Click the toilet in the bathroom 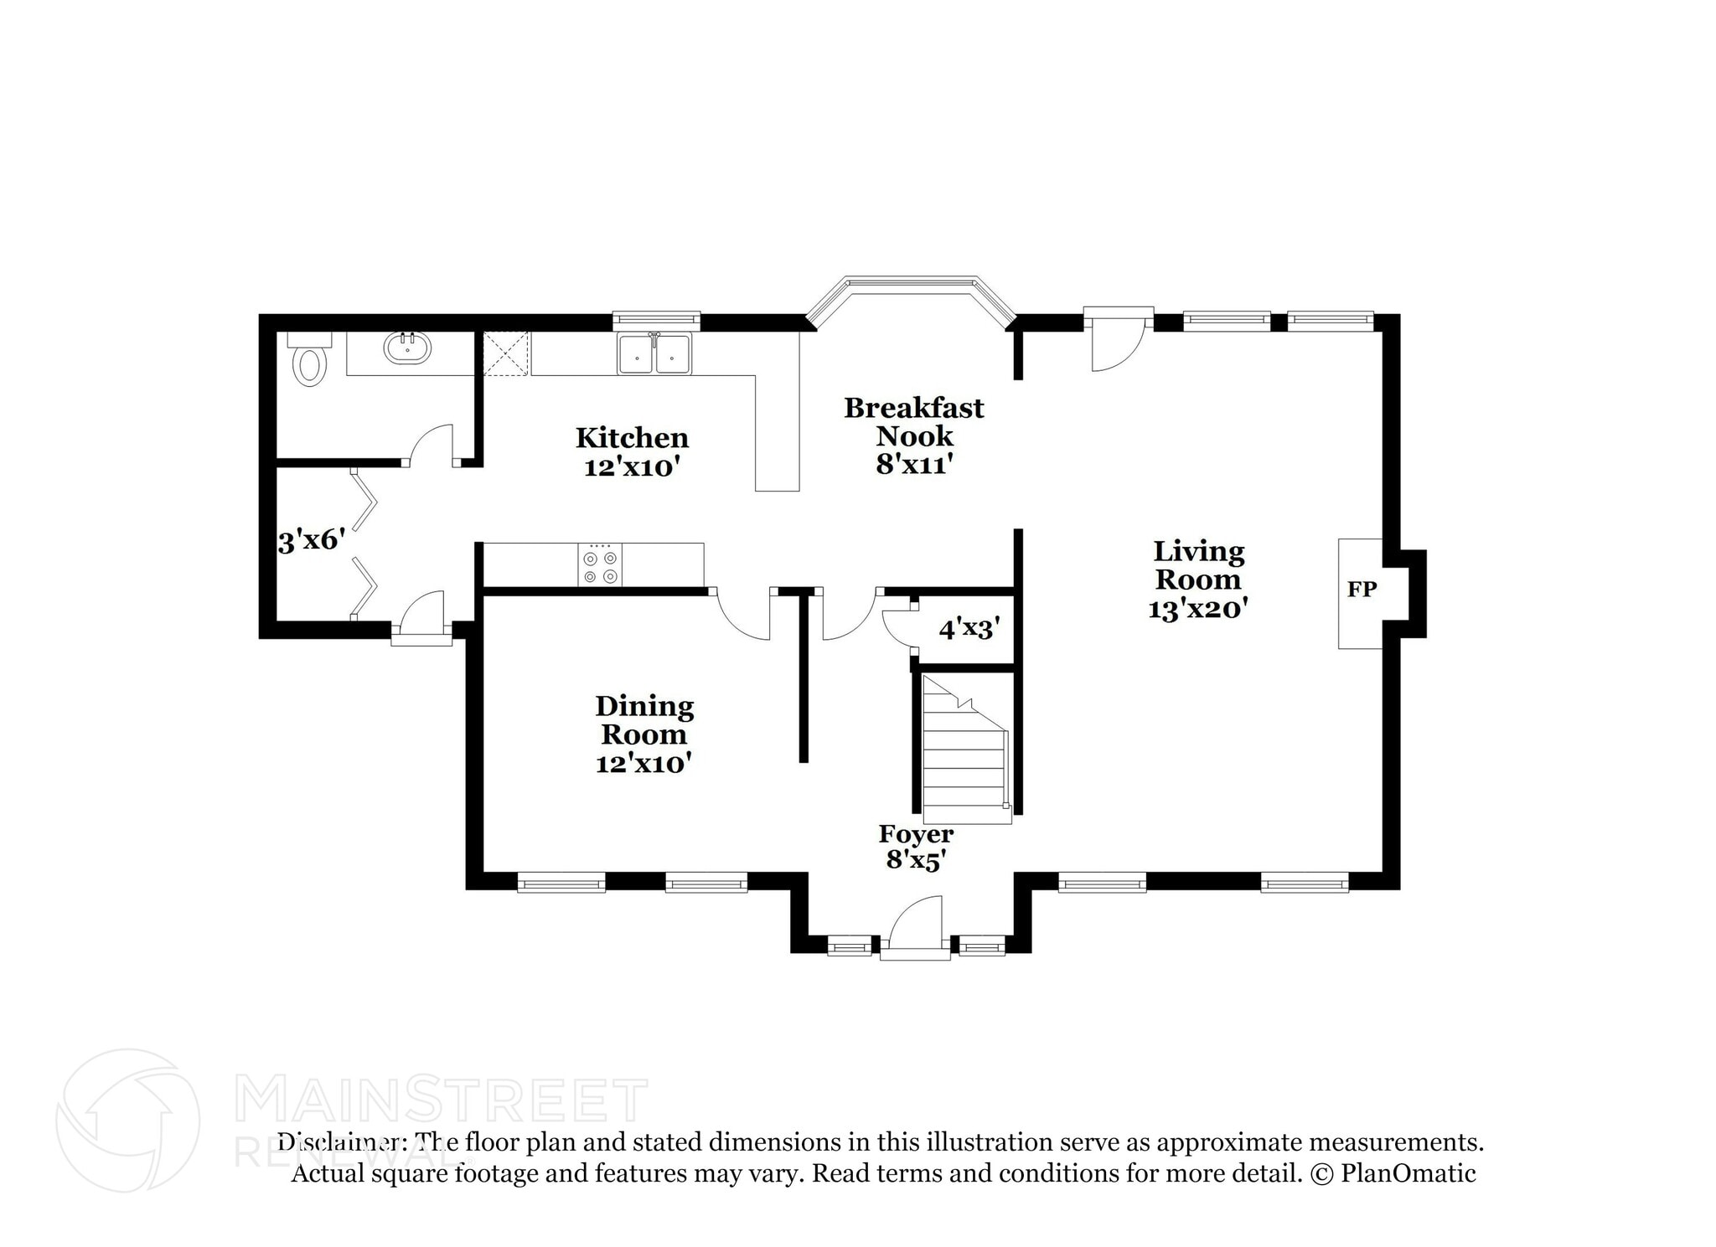[309, 363]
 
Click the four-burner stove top [600, 566]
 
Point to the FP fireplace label [1362, 590]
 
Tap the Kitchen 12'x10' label [632, 452]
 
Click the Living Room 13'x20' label [1198, 580]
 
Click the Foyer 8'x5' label [916, 846]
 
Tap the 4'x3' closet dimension [969, 629]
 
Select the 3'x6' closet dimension [311, 541]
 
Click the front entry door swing [917, 925]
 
